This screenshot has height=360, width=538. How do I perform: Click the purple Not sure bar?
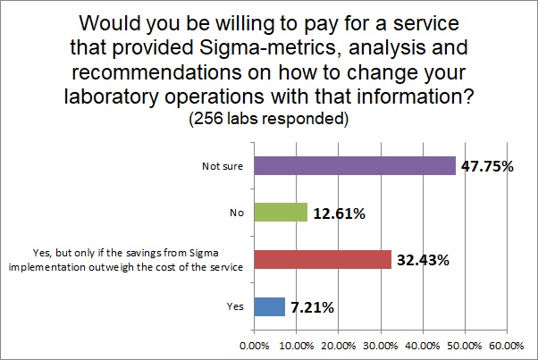coord(355,165)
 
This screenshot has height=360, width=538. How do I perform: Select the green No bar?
coord(281,213)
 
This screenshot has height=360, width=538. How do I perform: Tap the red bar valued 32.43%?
coord(323,259)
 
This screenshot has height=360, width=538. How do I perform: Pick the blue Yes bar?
coord(270,306)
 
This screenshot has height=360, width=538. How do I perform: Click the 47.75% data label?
coord(486,165)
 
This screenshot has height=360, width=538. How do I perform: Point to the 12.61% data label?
coord(340,213)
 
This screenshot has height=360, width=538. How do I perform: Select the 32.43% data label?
coord(423,260)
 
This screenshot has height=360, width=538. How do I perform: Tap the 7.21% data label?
coord(312,307)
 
